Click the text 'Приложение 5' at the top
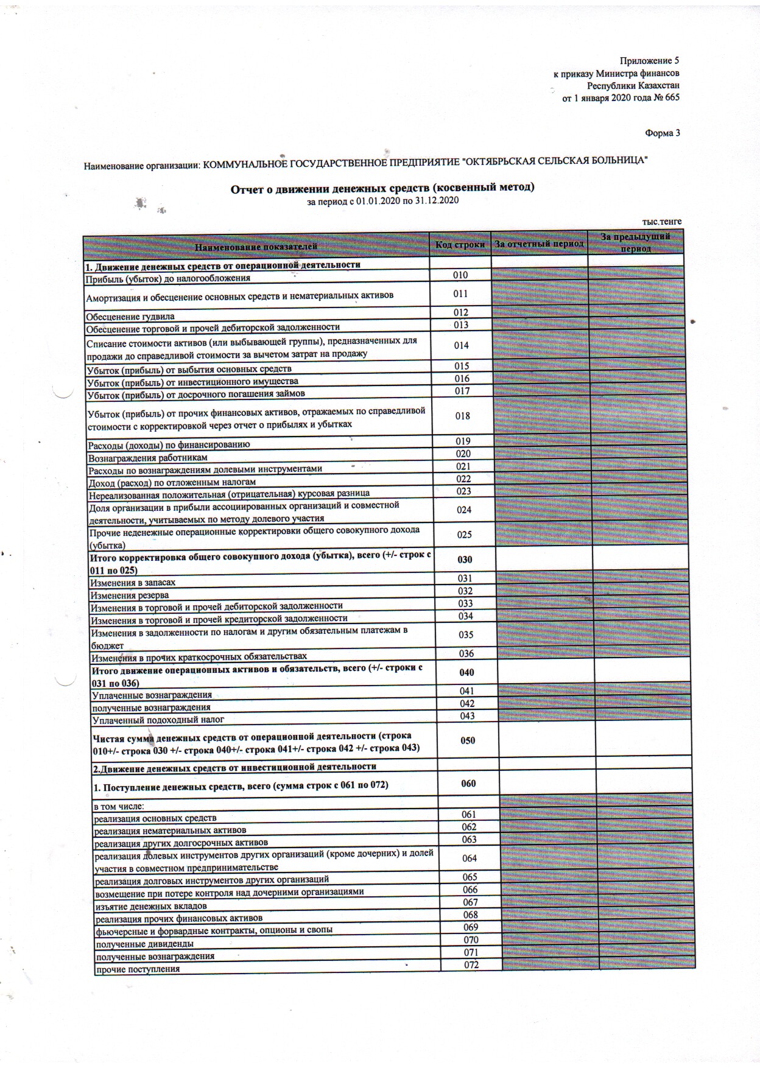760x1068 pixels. (x=649, y=61)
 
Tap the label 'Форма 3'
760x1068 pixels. (x=662, y=133)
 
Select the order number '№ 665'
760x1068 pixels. (x=666, y=97)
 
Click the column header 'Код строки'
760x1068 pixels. (x=460, y=245)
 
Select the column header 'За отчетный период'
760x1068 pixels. (x=539, y=244)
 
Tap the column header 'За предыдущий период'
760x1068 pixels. (x=635, y=242)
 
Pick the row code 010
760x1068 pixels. (x=460, y=275)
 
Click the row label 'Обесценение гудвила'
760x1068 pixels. (x=130, y=317)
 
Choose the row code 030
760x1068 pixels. (x=465, y=560)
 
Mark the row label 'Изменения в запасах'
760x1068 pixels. (x=133, y=583)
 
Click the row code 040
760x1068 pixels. (x=466, y=672)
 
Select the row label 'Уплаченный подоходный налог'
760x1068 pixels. (x=158, y=720)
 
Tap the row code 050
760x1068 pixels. (x=468, y=740)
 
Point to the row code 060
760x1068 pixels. (x=468, y=784)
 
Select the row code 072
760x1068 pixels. (x=471, y=965)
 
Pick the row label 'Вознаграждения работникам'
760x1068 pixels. (x=148, y=458)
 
